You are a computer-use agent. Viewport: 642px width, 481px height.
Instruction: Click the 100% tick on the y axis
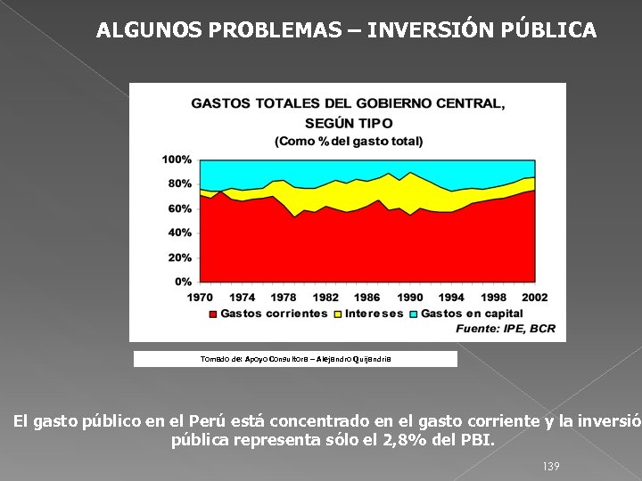pyautogui.click(x=177, y=159)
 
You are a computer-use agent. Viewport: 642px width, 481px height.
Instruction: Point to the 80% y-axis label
pyautogui.click(x=179, y=183)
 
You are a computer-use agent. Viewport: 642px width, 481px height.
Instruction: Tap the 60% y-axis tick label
pyautogui.click(x=179, y=208)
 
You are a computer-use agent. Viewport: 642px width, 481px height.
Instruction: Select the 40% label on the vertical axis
pyautogui.click(x=179, y=232)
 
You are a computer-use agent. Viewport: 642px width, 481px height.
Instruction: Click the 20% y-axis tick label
pyautogui.click(x=179, y=257)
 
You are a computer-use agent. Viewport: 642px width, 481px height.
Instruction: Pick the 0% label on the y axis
pyautogui.click(x=182, y=281)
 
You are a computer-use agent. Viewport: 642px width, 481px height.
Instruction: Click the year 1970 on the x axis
pyautogui.click(x=200, y=297)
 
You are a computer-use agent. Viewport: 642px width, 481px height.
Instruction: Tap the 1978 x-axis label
pyautogui.click(x=284, y=297)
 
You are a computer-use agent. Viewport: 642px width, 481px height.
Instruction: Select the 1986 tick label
pyautogui.click(x=366, y=297)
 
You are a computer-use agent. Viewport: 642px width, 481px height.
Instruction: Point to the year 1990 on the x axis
pyautogui.click(x=409, y=297)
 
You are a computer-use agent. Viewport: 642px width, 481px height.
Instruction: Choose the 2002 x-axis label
pyautogui.click(x=534, y=297)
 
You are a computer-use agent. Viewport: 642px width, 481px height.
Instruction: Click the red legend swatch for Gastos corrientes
pyautogui.click(x=212, y=314)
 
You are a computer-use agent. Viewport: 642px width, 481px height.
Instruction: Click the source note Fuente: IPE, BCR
pyautogui.click(x=505, y=329)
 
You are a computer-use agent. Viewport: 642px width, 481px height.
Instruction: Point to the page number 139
pyautogui.click(x=550, y=467)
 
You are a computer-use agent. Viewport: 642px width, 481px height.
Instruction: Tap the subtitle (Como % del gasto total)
pyautogui.click(x=349, y=141)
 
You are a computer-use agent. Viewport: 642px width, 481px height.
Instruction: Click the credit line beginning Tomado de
pyautogui.click(x=295, y=359)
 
